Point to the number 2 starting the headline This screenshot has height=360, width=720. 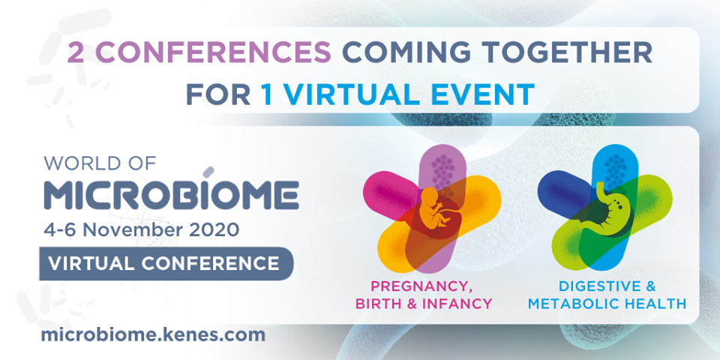76,53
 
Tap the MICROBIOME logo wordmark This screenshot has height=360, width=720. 171,195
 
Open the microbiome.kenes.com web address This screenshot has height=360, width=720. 153,334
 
